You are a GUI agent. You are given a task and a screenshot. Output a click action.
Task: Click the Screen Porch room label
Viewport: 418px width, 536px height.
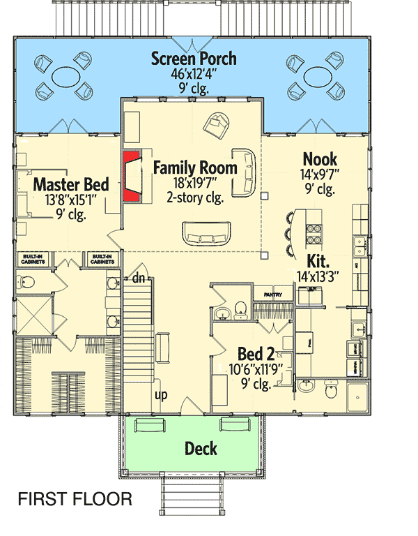pyautogui.click(x=194, y=59)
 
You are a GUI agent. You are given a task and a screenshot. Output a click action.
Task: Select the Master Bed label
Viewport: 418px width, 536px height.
pyautogui.click(x=71, y=185)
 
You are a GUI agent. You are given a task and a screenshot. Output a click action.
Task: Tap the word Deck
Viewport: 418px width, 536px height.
pyautogui.click(x=201, y=448)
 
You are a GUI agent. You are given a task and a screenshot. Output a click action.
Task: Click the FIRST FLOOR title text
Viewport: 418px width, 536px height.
pyautogui.click(x=75, y=499)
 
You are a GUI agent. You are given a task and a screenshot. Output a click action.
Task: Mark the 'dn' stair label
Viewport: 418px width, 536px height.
pyautogui.click(x=138, y=278)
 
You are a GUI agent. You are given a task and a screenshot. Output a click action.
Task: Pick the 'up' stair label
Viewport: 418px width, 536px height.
pyautogui.click(x=161, y=396)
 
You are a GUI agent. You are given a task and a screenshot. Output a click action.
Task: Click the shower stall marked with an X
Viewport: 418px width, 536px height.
pyautogui.click(x=33, y=315)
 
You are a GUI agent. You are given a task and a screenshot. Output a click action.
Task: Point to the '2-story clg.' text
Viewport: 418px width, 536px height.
pyautogui.click(x=194, y=198)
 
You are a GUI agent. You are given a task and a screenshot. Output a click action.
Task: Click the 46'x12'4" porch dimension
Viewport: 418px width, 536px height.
pyautogui.click(x=194, y=74)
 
